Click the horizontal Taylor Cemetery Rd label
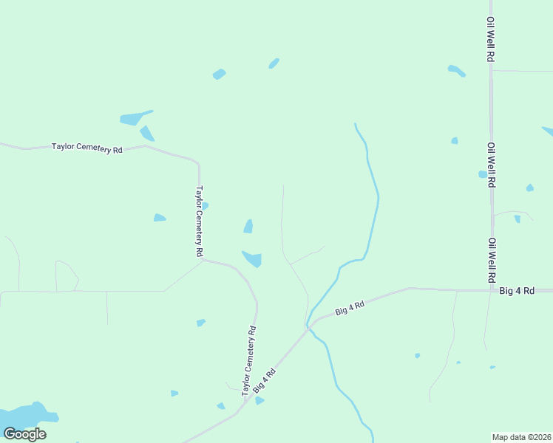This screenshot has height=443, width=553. pyautogui.click(x=86, y=148)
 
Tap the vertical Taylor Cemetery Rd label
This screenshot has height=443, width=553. pyautogui.click(x=199, y=221)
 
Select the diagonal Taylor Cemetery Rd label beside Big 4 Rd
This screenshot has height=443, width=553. pyautogui.click(x=249, y=360)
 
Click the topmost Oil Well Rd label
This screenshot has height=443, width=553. pyautogui.click(x=490, y=40)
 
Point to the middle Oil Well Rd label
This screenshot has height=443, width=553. pyautogui.click(x=491, y=165)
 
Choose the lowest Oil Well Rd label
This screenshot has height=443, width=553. pyautogui.click(x=491, y=261)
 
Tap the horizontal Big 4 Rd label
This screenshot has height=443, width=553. pyautogui.click(x=517, y=291)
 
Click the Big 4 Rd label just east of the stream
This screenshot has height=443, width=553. pyautogui.click(x=350, y=309)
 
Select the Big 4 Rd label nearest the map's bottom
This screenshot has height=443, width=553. pyautogui.click(x=264, y=380)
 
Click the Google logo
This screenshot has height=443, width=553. pyautogui.click(x=24, y=433)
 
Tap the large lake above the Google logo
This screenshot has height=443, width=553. pyautogui.click(x=26, y=416)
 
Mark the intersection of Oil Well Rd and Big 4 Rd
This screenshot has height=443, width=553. pyautogui.click(x=492, y=290)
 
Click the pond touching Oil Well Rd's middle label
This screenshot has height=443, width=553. pyautogui.click(x=482, y=175)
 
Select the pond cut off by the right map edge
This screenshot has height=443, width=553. pyautogui.click(x=548, y=131)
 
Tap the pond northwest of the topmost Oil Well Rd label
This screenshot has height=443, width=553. pyautogui.click(x=457, y=71)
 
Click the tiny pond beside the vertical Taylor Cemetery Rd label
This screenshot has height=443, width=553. pyautogui.click(x=205, y=205)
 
